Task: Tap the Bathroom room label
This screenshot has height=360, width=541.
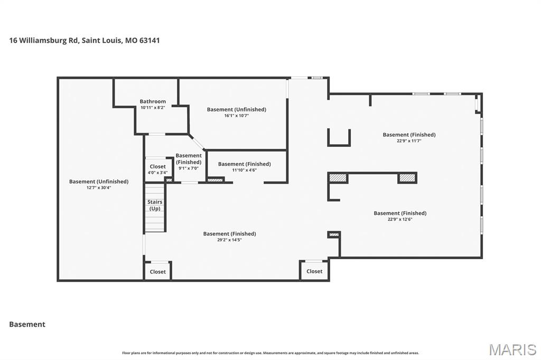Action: (x=153, y=101)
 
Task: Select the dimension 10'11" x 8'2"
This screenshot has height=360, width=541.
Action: (x=153, y=108)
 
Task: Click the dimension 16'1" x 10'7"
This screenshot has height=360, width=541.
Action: (x=236, y=116)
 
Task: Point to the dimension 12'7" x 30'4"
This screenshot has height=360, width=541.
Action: (x=99, y=187)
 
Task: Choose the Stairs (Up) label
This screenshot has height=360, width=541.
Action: (x=155, y=205)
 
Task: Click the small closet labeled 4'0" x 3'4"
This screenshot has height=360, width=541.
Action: (x=157, y=169)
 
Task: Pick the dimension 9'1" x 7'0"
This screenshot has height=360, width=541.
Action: (x=189, y=168)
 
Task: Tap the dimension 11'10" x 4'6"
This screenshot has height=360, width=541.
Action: (x=244, y=170)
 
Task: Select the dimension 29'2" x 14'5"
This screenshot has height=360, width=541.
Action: (x=229, y=240)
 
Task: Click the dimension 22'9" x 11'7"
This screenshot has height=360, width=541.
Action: (x=409, y=140)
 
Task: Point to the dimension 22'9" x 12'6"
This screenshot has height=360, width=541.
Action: (x=400, y=219)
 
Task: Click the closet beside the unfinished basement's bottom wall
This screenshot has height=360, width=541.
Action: (x=157, y=271)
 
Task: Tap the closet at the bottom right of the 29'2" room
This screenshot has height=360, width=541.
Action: (x=314, y=271)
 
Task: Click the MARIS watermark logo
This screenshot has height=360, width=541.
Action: (x=512, y=349)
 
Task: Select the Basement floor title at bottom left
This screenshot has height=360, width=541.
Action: (x=27, y=325)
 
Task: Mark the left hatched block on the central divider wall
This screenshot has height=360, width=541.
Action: (x=338, y=178)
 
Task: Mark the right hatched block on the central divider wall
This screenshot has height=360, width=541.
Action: (x=407, y=178)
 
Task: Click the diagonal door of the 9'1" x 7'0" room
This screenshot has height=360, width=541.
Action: (x=197, y=143)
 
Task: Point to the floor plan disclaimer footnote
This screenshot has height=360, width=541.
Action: (x=270, y=353)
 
